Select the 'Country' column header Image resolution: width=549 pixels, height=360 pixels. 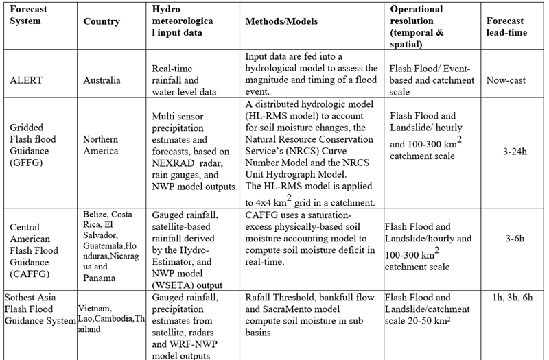[x=102, y=21]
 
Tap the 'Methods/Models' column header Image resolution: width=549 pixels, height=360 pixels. [x=281, y=21]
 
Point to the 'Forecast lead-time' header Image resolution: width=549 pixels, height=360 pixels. [x=506, y=27]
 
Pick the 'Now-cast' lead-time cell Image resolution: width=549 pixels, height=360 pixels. [x=506, y=80]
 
